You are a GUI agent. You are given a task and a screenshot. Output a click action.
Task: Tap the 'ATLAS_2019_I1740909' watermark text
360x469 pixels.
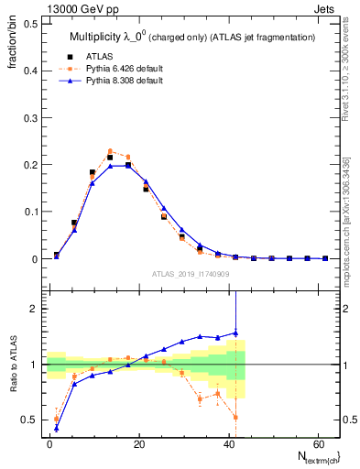(x=190, y=274)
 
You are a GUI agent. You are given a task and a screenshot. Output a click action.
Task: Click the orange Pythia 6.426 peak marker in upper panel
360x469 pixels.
(x=110, y=151)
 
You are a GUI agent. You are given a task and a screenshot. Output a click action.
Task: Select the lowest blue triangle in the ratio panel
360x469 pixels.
(x=57, y=428)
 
